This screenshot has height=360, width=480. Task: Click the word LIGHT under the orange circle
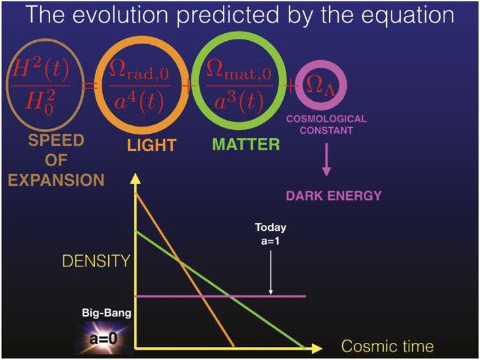[x=152, y=145]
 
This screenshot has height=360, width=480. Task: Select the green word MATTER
[x=246, y=144]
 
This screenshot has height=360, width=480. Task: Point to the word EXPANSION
[x=56, y=180]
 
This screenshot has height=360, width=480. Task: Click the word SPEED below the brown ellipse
[x=56, y=140]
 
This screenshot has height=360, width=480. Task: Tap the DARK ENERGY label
[x=334, y=196]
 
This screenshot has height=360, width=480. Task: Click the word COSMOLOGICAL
[x=326, y=119]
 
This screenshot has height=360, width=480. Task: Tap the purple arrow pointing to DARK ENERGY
[x=326, y=160]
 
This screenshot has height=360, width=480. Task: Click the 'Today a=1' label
[x=270, y=234]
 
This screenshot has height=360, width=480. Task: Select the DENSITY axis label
[x=96, y=261]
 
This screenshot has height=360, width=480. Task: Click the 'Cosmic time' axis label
[x=388, y=346]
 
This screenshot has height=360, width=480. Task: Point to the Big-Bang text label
[x=107, y=313]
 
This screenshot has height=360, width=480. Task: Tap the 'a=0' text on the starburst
[x=104, y=339]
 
